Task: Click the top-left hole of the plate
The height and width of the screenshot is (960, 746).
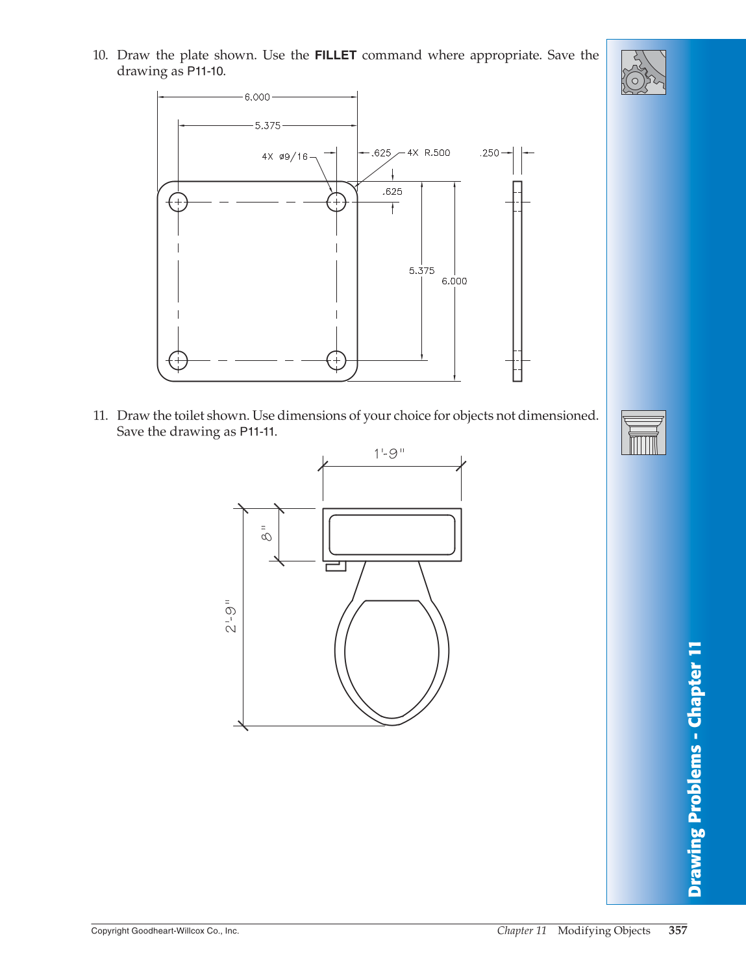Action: click(x=178, y=203)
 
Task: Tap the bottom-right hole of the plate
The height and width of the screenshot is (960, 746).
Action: click(x=336, y=360)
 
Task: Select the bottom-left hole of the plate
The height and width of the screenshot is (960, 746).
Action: click(x=178, y=360)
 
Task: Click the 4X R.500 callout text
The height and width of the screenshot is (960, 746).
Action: click(x=429, y=153)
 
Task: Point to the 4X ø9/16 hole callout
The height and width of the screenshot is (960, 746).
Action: click(x=285, y=156)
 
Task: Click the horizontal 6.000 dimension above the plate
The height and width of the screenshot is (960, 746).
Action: click(x=257, y=97)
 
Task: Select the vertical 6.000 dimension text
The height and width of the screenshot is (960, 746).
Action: click(x=454, y=281)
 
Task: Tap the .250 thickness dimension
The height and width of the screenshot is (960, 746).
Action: click(x=490, y=153)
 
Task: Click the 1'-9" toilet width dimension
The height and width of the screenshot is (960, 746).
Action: click(x=389, y=454)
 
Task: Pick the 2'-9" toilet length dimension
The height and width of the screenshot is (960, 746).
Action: click(x=231, y=616)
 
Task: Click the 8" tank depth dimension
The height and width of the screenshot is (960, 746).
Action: click(x=266, y=534)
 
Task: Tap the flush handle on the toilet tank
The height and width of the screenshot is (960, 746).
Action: click(x=336, y=567)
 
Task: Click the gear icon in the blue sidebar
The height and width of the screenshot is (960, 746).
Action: click(x=643, y=72)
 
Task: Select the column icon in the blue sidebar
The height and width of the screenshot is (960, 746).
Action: click(x=643, y=432)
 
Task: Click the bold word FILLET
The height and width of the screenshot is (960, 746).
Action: click(x=336, y=55)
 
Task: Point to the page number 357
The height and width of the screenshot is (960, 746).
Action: click(x=678, y=930)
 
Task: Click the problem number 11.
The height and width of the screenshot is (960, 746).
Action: click(x=100, y=415)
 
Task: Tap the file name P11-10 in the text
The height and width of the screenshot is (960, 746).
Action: click(x=206, y=71)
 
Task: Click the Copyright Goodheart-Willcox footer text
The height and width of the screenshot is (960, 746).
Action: click(x=165, y=931)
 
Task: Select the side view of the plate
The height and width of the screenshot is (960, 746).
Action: click(x=517, y=281)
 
